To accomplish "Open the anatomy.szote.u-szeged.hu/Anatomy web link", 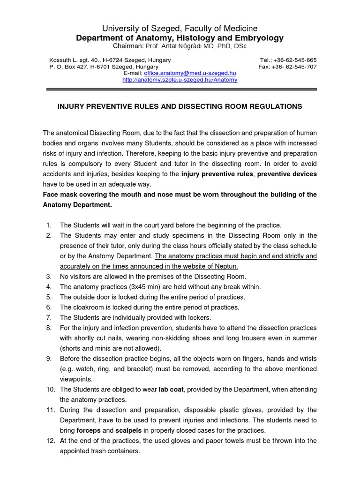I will (x=180, y=80).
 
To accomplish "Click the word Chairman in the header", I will (x=127, y=47).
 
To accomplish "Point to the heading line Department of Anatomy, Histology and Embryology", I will (x=180, y=38).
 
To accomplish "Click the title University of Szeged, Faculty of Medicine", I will (x=180, y=29).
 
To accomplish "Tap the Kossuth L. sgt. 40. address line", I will (x=110, y=60).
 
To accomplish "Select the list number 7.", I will (x=49, y=318).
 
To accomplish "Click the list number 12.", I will (x=50, y=441).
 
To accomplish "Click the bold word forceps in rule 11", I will (x=88, y=430).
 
